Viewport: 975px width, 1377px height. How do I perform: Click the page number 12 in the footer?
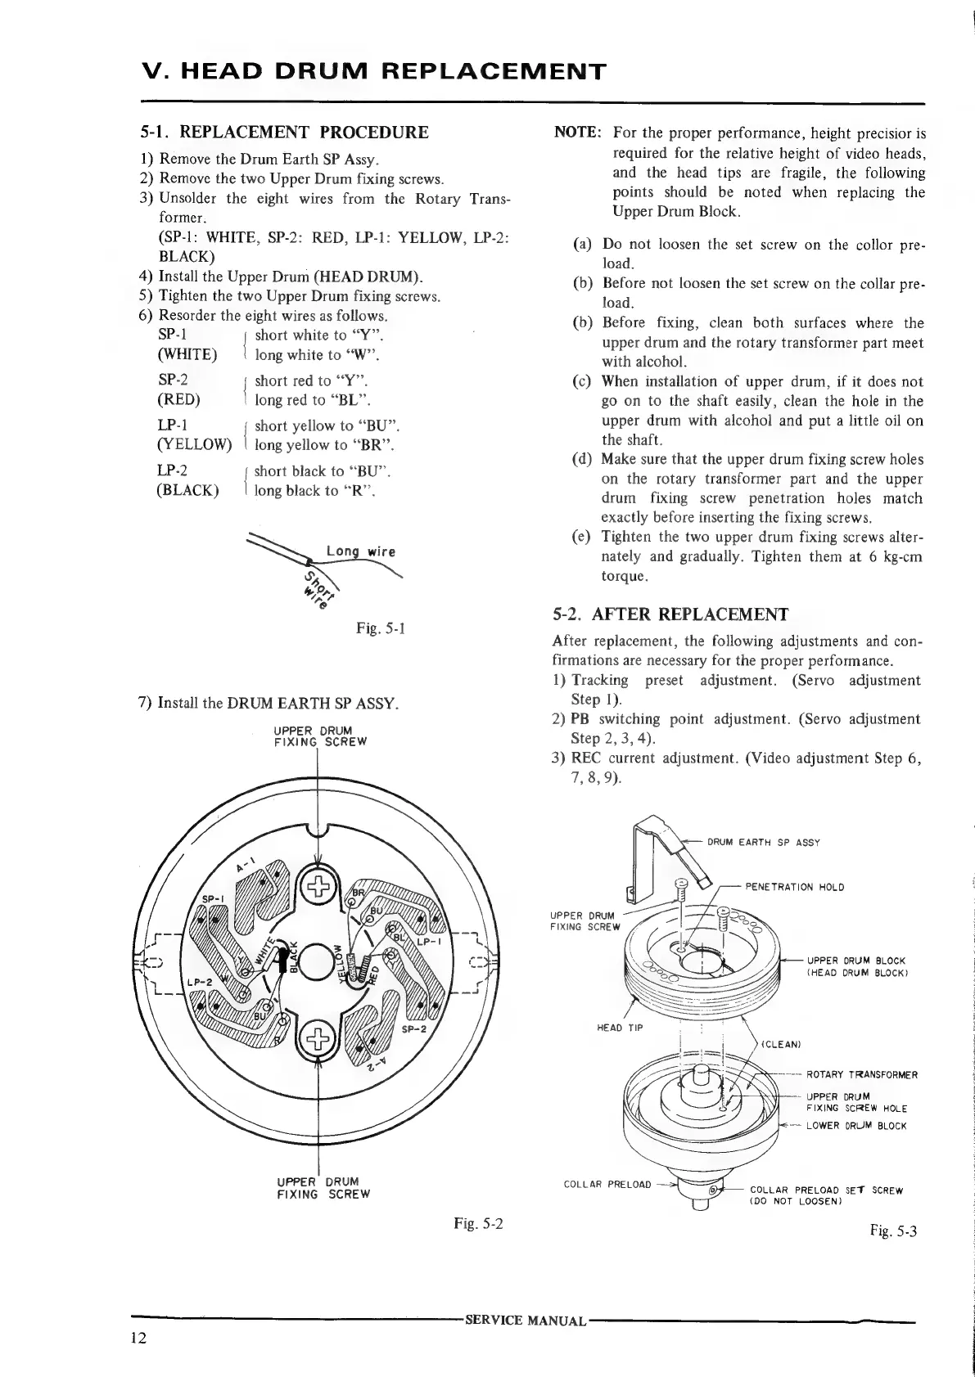coord(138,1339)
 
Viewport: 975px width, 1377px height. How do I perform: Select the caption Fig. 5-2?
coord(479,1225)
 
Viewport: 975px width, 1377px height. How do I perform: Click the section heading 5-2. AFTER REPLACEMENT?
coord(670,614)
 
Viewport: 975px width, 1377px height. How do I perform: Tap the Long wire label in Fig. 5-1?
coord(360,551)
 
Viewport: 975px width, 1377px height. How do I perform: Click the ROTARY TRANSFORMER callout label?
coord(862,1074)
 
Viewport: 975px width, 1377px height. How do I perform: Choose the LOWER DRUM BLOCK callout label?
coord(856,1126)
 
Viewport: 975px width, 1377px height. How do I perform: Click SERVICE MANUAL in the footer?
coord(525,1321)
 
